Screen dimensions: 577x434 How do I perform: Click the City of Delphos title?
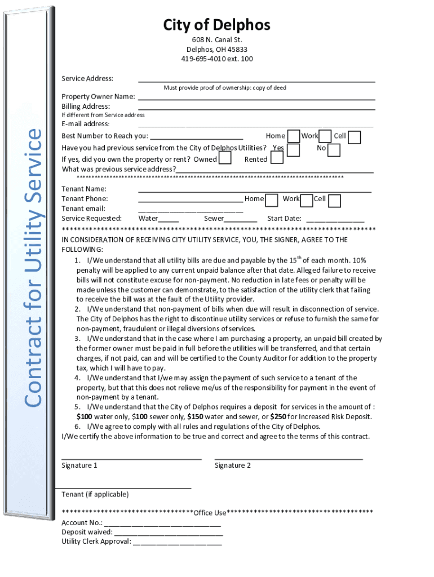click(216, 25)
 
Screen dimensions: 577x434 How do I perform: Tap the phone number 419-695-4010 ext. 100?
click(216, 59)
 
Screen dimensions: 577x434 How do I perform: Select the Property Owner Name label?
click(98, 96)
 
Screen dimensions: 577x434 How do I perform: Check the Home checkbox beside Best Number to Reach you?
click(294, 136)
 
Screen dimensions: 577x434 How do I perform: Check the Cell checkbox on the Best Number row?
click(354, 137)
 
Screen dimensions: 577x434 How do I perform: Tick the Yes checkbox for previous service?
click(293, 150)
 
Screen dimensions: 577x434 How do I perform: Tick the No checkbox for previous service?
click(334, 150)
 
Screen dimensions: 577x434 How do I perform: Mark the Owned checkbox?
click(225, 158)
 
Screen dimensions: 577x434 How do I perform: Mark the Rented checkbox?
click(277, 158)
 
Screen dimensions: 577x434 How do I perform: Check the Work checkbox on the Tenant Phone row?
click(307, 200)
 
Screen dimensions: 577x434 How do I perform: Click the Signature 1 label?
click(79, 465)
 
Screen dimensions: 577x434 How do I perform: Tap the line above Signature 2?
click(288, 459)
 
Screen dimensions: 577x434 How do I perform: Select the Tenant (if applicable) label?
click(95, 495)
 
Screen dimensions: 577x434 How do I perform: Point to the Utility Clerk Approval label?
click(96, 542)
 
